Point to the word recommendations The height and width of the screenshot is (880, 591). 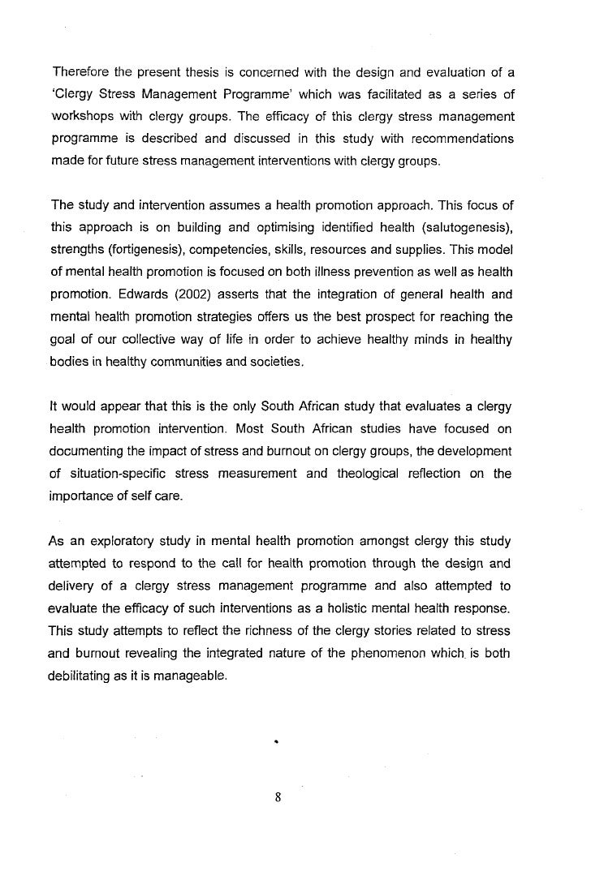pyautogui.click(x=456, y=140)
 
